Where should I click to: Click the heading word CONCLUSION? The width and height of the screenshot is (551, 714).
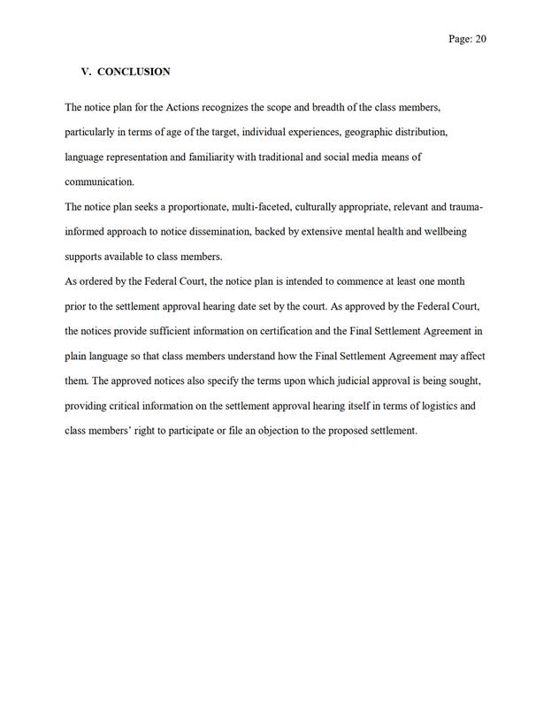click(134, 72)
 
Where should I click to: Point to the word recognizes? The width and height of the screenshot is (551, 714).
click(238, 108)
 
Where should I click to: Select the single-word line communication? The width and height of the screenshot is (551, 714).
click(100, 182)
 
